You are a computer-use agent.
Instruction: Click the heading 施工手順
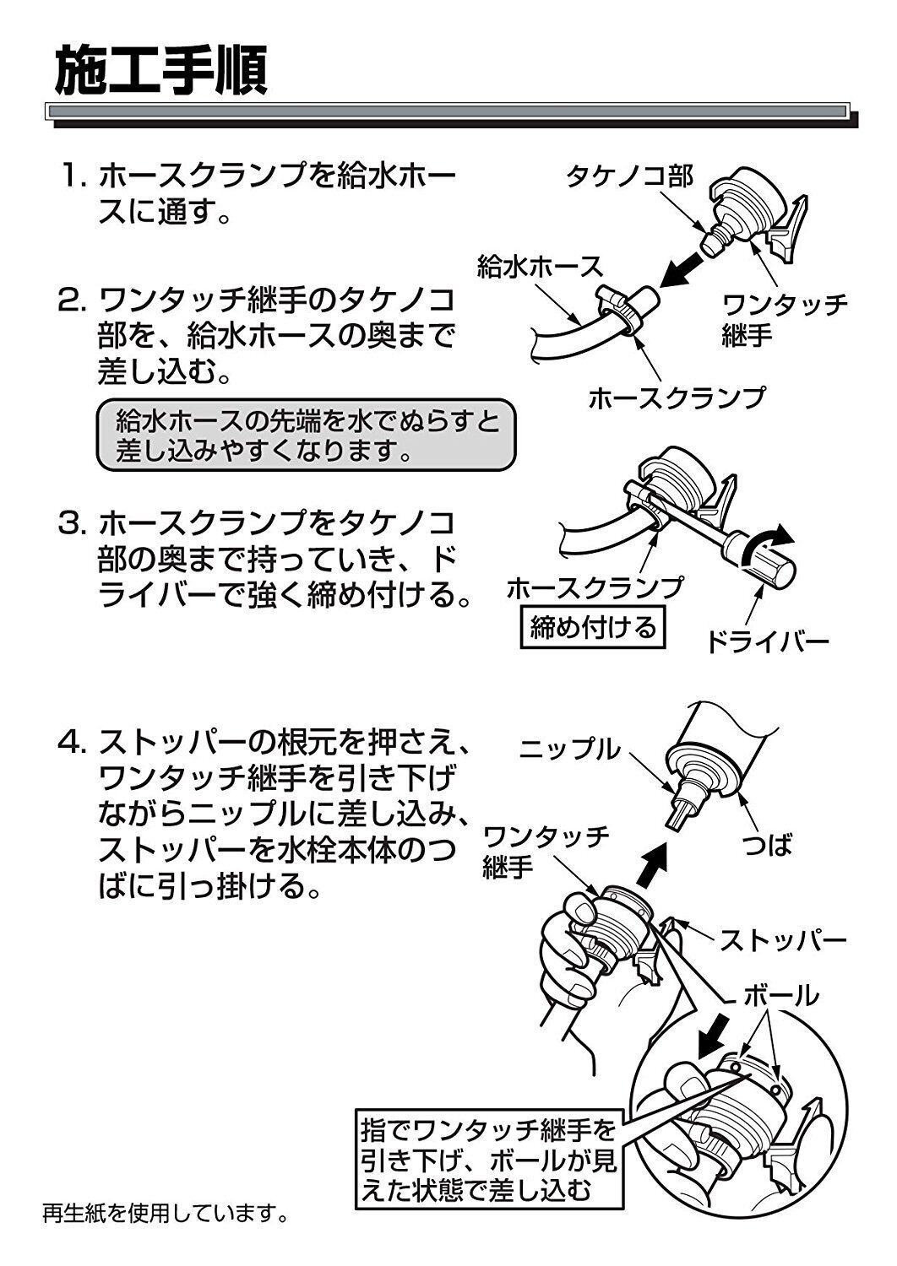click(161, 71)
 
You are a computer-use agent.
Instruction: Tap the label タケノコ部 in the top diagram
click(630, 176)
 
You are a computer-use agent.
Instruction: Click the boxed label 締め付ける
click(592, 627)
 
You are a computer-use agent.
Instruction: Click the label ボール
click(780, 996)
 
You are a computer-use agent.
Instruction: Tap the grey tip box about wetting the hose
click(305, 435)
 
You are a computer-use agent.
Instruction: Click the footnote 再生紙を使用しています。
click(166, 1215)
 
